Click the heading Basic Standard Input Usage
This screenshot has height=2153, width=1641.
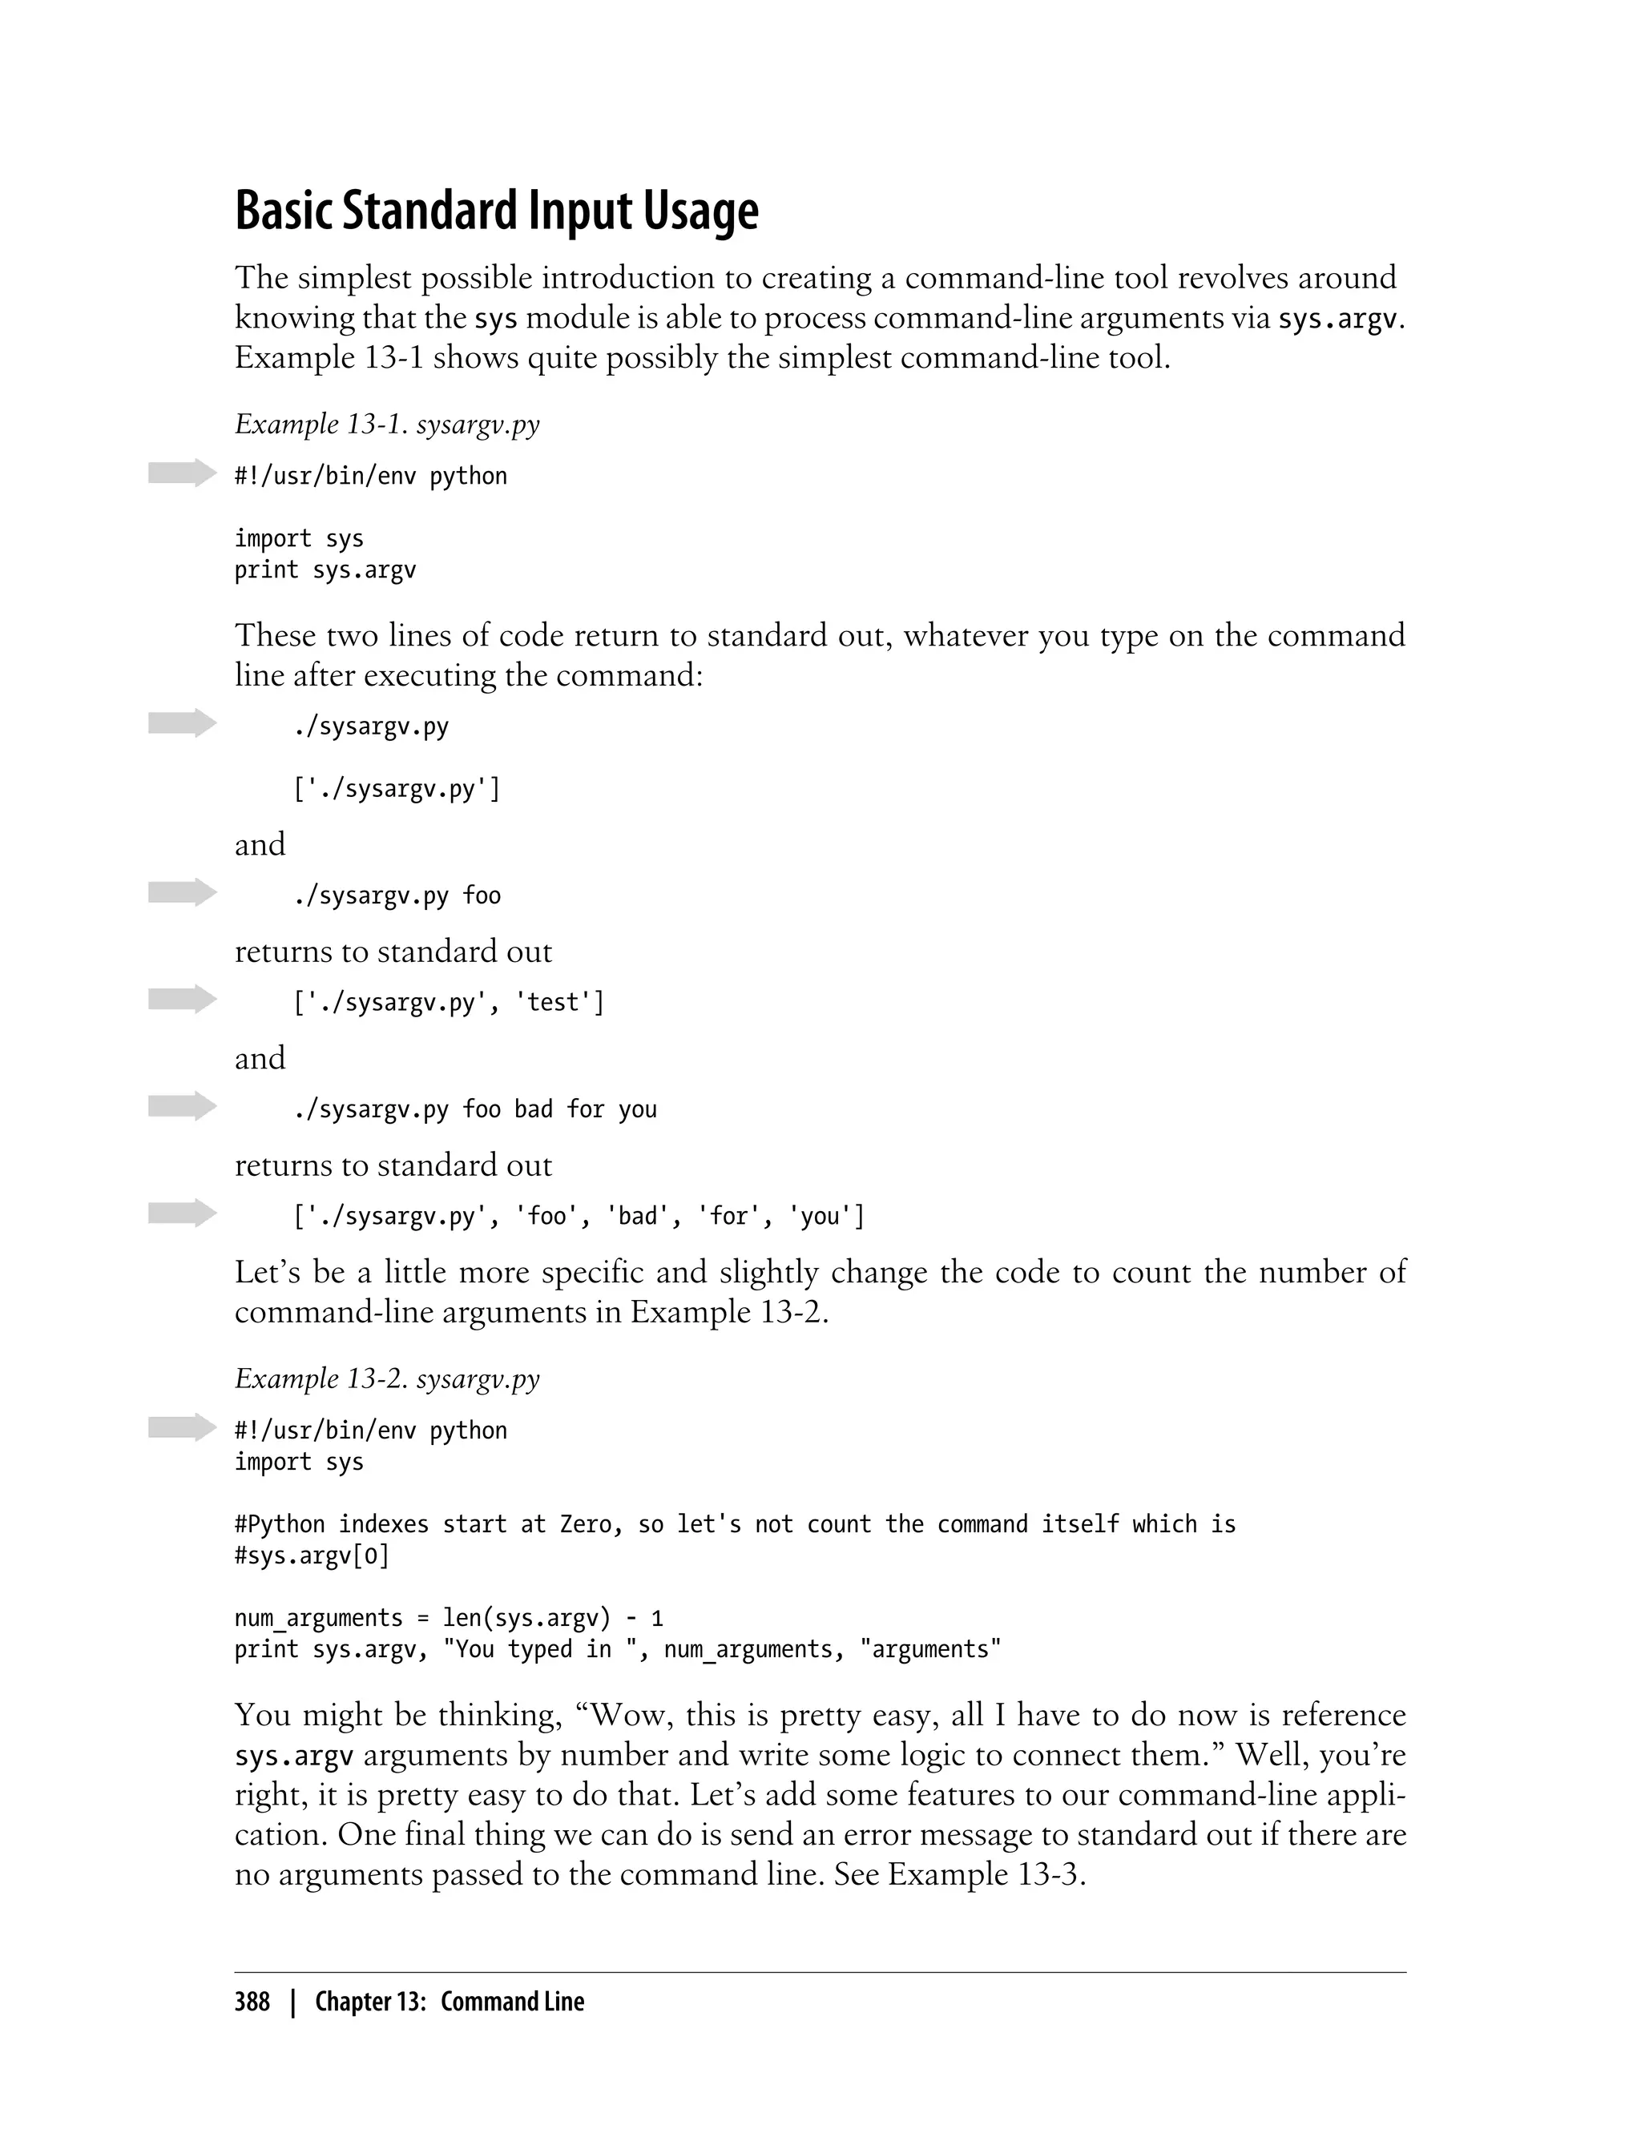[x=496, y=211]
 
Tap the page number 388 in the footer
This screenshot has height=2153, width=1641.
[x=252, y=2002]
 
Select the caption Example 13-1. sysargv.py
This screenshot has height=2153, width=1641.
[x=387, y=425]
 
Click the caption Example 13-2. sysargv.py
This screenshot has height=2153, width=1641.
[x=387, y=1378]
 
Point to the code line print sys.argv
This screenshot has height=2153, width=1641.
[x=325, y=570]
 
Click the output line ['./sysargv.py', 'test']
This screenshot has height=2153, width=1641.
[x=449, y=1003]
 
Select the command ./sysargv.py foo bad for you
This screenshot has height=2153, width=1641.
[x=474, y=1110]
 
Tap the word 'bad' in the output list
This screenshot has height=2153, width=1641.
[x=638, y=1217]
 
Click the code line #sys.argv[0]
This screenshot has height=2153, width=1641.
[x=312, y=1555]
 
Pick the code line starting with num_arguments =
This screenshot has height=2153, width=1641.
[x=449, y=1619]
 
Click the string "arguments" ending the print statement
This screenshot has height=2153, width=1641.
[x=930, y=1650]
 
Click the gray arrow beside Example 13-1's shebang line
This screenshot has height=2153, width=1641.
[x=182, y=473]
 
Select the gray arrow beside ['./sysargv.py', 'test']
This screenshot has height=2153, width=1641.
[x=182, y=1000]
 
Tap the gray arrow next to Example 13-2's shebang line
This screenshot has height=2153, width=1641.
[x=182, y=1427]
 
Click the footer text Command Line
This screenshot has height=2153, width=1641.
[x=512, y=2002]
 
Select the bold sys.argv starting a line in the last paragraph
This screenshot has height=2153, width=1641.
[x=294, y=1757]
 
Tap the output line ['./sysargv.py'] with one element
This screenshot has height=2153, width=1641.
[x=397, y=789]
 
